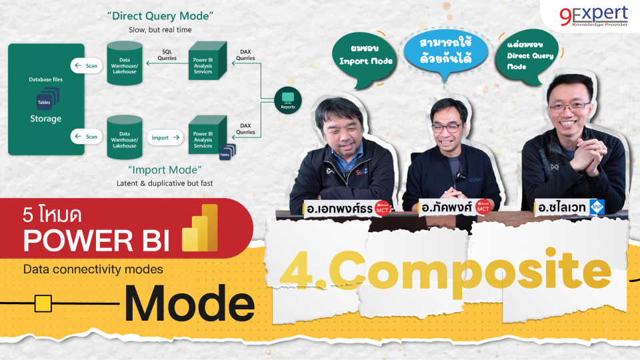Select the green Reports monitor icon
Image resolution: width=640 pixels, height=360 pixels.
pyautogui.click(x=287, y=102)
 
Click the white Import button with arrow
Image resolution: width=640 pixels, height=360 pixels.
pyautogui.click(x=164, y=137)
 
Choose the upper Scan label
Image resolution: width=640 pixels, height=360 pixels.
pyautogui.click(x=87, y=65)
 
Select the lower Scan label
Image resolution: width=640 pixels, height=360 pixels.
pyautogui.click(x=87, y=137)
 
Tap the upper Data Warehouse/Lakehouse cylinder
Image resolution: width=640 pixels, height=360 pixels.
pyautogui.click(x=124, y=63)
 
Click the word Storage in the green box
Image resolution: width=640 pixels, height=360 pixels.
pyautogui.click(x=46, y=119)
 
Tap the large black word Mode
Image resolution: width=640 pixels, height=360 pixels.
pyautogui.click(x=189, y=303)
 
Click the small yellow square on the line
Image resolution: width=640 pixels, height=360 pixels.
pyautogui.click(x=43, y=304)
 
